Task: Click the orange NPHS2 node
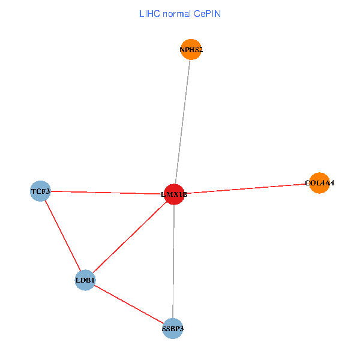(191, 50)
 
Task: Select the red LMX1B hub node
(174, 194)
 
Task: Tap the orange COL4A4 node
(319, 182)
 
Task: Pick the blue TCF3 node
(40, 191)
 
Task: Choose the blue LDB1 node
(85, 280)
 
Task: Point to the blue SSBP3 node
(173, 328)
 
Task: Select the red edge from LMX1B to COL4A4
(247, 188)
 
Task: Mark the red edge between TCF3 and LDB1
(62, 236)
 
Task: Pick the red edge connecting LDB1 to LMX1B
(130, 237)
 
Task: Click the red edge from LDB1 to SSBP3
(129, 304)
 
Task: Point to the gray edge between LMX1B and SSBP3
(173, 261)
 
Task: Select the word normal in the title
(177, 13)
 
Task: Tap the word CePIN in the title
(207, 13)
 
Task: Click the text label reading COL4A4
(319, 182)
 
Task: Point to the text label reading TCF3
(40, 191)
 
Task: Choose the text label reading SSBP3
(173, 329)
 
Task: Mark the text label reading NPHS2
(191, 50)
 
